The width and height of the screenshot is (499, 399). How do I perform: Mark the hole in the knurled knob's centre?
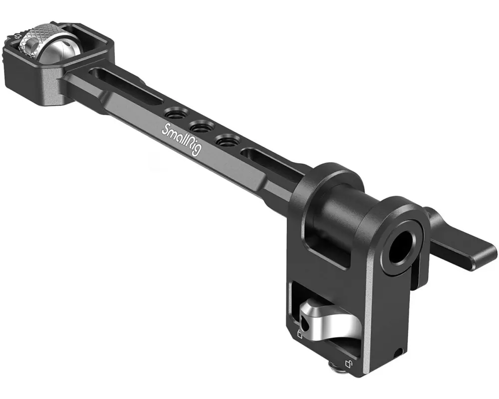coord(31,48)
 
